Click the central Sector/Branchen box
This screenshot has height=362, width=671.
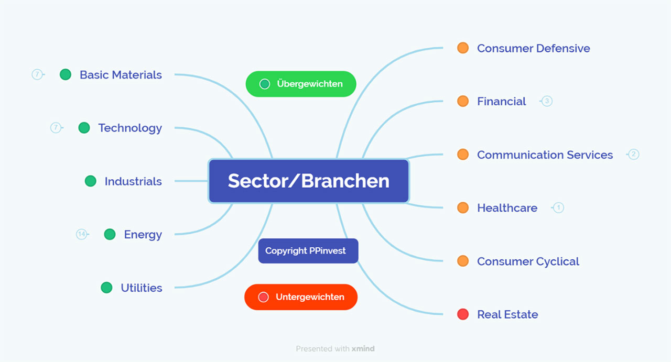(x=308, y=181)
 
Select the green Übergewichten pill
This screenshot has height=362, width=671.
(x=301, y=84)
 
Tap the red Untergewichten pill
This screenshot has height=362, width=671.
(x=301, y=297)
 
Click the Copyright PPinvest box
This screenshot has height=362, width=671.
(x=308, y=251)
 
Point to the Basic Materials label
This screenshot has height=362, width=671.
(x=121, y=75)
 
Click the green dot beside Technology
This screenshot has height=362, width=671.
(x=84, y=128)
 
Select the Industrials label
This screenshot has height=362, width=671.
(x=133, y=181)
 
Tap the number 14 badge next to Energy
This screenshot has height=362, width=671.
(x=81, y=234)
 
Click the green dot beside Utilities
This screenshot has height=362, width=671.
(x=106, y=288)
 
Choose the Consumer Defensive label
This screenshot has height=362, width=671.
(x=533, y=48)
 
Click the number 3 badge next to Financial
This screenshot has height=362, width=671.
(x=547, y=101)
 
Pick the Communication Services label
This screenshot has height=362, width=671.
(x=545, y=155)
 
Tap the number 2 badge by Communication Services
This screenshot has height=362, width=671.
(x=633, y=154)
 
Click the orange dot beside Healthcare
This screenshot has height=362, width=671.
(x=462, y=208)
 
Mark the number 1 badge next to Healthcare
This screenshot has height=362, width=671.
(x=558, y=208)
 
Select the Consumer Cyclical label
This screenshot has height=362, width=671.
(x=528, y=261)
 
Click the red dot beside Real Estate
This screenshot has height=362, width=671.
(x=462, y=314)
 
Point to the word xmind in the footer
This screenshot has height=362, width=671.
(x=363, y=348)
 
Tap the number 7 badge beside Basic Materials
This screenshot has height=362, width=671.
(x=37, y=74)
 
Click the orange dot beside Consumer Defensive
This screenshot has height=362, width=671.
(x=462, y=48)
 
